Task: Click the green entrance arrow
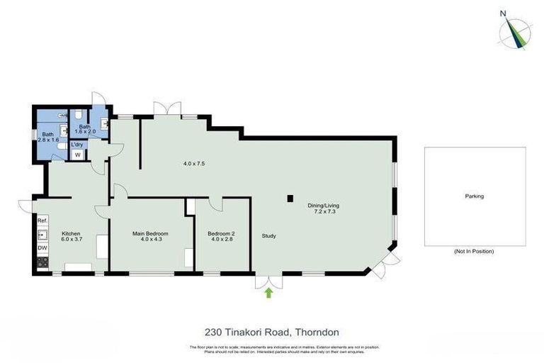(x=268, y=293)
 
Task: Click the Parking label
(x=474, y=196)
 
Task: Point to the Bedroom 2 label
(x=221, y=233)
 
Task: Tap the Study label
(x=268, y=236)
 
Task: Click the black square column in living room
(x=289, y=199)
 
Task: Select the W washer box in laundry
(x=77, y=155)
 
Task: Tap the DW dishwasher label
(x=42, y=248)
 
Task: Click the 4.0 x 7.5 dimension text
(x=194, y=164)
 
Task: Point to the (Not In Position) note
(x=474, y=252)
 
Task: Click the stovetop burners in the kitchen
(x=42, y=262)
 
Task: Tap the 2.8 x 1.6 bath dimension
(x=47, y=140)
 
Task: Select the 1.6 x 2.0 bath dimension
(x=85, y=131)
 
